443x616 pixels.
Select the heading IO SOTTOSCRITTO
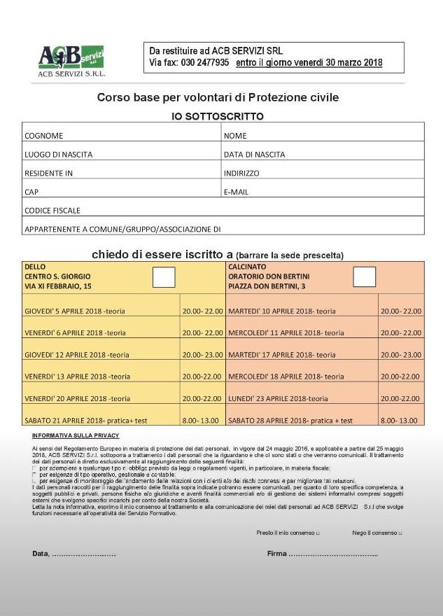coord(218,116)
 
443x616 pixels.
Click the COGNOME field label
coord(44,136)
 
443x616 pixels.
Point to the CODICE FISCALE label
coord(52,210)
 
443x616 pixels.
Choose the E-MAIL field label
coord(236,192)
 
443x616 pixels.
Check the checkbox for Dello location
coord(164,277)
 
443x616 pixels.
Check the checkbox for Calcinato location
coord(364,277)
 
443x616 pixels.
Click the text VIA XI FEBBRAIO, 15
coord(58,286)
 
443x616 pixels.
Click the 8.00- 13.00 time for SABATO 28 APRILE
coord(399,421)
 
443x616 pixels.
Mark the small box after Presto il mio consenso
coord(318,534)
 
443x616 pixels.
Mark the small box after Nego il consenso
coord(400,534)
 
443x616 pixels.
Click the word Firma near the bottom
coord(277,554)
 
